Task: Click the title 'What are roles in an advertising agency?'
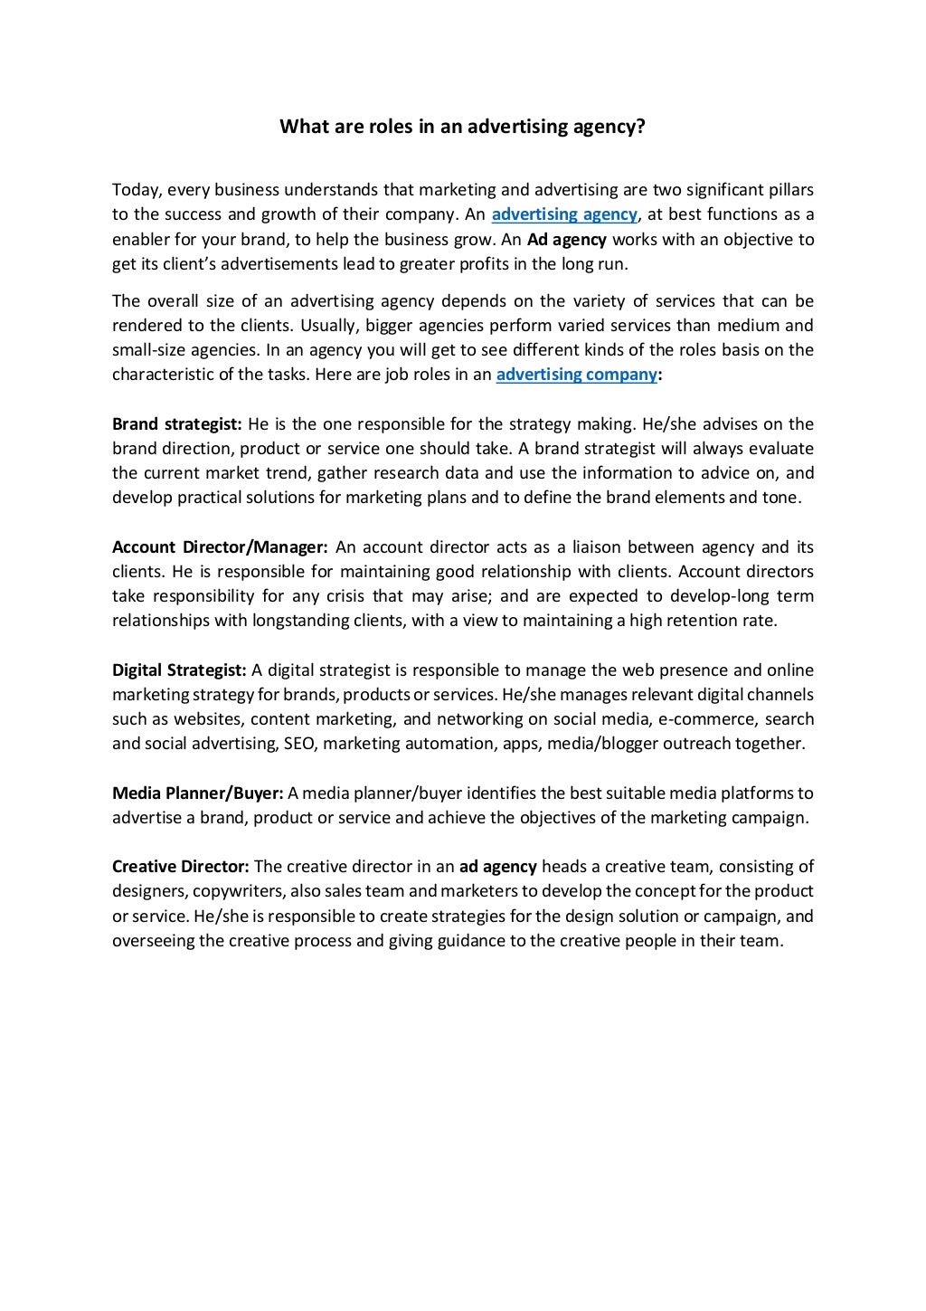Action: [x=462, y=127]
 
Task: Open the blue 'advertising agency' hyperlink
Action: [x=564, y=214]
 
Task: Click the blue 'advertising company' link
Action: [x=576, y=375]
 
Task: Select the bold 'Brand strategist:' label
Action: [x=177, y=424]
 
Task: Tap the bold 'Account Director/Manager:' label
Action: [x=220, y=547]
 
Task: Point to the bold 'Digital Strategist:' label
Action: [x=179, y=670]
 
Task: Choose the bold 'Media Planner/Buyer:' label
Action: [x=198, y=793]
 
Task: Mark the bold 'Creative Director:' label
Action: [x=181, y=867]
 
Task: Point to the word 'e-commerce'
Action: [x=707, y=719]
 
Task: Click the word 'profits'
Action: [x=463, y=264]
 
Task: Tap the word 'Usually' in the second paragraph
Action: [x=330, y=326]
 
